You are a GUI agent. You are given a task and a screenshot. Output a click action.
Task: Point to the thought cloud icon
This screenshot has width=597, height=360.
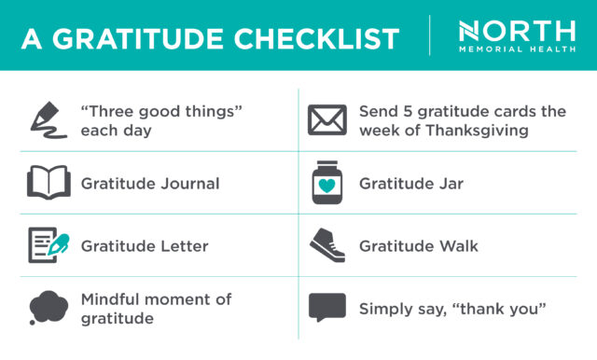48,307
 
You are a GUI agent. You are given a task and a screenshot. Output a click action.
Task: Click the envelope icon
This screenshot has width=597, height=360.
327,120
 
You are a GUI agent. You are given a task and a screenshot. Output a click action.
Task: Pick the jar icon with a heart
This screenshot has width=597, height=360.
327,183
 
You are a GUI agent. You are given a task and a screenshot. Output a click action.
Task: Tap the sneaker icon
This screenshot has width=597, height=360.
327,244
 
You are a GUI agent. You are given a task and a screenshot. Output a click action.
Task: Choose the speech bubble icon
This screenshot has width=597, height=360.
327,307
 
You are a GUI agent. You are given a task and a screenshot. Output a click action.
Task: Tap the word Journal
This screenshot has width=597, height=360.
187,184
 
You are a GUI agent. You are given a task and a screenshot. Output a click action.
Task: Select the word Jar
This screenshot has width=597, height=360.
450,184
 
